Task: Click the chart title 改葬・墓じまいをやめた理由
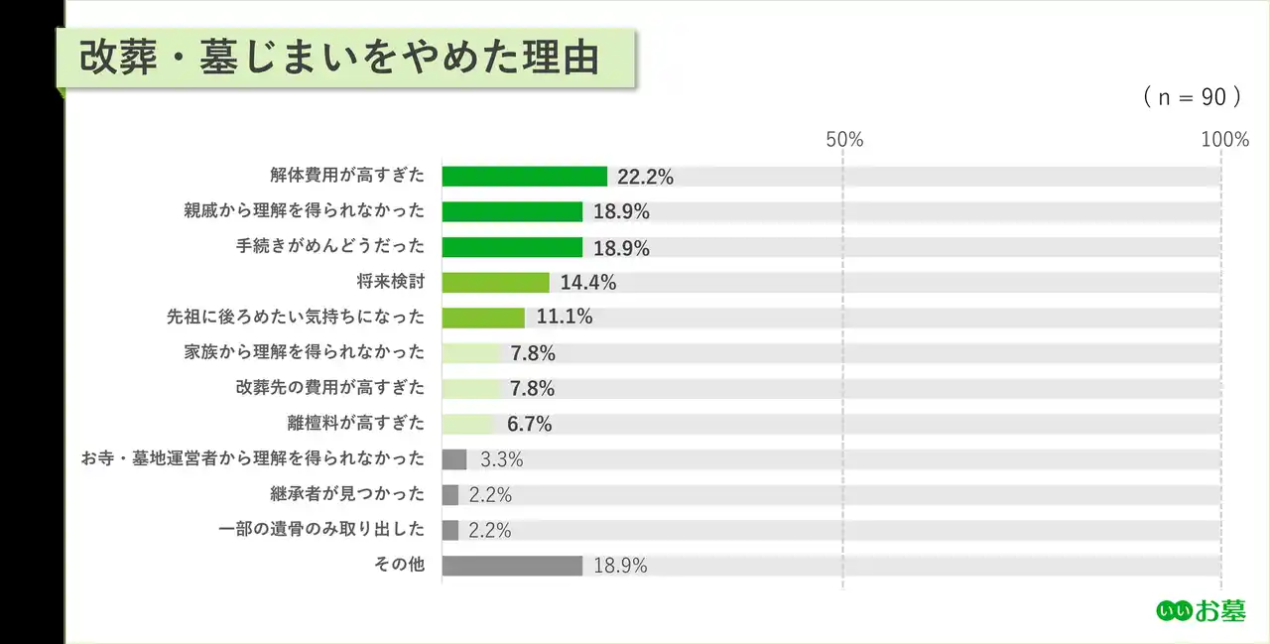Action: (339, 59)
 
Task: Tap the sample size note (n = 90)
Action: (1192, 96)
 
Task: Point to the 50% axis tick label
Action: (844, 140)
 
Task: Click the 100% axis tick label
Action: (1224, 140)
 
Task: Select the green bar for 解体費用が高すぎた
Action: (524, 177)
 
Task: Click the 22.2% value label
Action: (645, 178)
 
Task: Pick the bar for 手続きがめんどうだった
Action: (512, 247)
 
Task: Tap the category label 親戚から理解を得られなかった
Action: (304, 211)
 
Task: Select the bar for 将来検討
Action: (495, 283)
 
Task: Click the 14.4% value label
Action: (588, 283)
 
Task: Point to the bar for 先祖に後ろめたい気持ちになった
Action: (483, 318)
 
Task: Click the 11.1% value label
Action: (565, 318)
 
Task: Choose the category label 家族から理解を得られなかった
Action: (304, 352)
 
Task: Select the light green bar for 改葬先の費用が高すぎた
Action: (471, 388)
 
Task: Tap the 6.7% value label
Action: (530, 424)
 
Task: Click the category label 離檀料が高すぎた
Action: (354, 424)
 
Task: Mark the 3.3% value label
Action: (501, 459)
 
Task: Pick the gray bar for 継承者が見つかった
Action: (450, 494)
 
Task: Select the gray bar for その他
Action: (512, 566)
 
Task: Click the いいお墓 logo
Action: (1201, 611)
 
